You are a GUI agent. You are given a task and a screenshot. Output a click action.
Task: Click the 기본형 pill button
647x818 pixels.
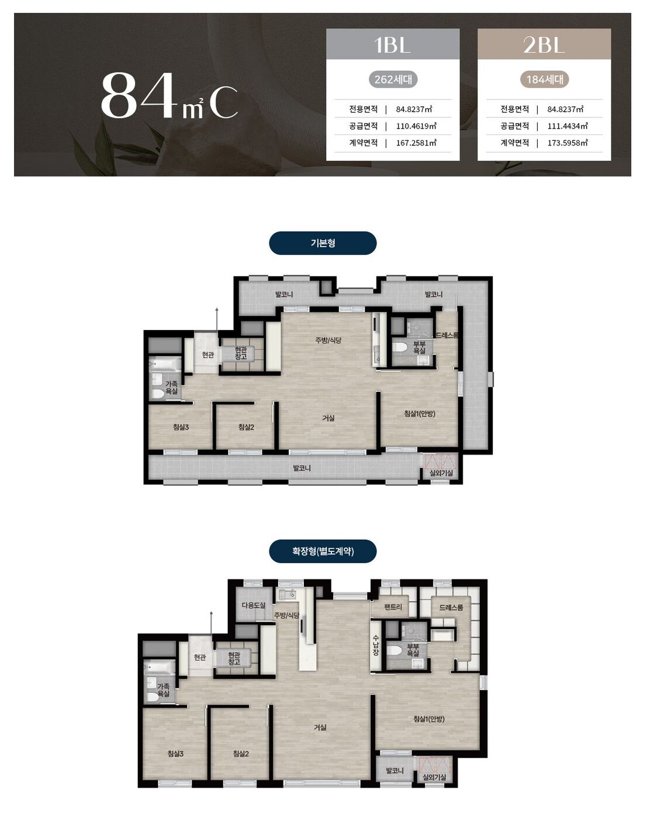323,243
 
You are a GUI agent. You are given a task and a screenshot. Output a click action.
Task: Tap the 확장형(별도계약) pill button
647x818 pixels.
323,551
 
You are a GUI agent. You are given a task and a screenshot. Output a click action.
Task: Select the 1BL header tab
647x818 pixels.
393,44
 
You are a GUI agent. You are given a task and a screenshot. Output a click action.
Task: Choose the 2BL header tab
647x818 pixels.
544,44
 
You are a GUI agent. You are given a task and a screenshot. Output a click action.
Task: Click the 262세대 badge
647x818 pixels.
393,79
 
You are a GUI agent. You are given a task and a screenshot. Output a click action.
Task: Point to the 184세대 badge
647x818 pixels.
544,79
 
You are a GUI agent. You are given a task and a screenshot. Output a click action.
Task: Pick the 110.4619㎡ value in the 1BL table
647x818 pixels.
416,126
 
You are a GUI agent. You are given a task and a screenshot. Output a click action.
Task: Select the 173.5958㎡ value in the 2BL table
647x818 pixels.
567,143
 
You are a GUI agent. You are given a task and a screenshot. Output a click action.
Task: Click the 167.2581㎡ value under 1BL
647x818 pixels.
416,143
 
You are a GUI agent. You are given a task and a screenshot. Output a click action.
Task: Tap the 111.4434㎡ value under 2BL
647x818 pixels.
567,126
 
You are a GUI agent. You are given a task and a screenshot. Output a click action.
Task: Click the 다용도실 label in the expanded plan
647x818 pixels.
253,605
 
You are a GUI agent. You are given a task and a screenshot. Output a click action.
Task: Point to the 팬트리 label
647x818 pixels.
393,607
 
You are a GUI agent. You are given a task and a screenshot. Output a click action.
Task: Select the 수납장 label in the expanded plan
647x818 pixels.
375,645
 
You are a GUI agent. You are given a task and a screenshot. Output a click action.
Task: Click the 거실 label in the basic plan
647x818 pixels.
328,418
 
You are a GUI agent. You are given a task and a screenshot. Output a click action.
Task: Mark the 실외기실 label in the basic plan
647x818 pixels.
441,473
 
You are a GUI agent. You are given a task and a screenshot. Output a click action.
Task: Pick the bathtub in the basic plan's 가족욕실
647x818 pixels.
165,365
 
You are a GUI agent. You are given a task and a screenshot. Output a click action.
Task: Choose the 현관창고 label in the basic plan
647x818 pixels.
240,353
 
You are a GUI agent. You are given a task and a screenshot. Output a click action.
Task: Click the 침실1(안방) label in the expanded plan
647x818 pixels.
428,719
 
